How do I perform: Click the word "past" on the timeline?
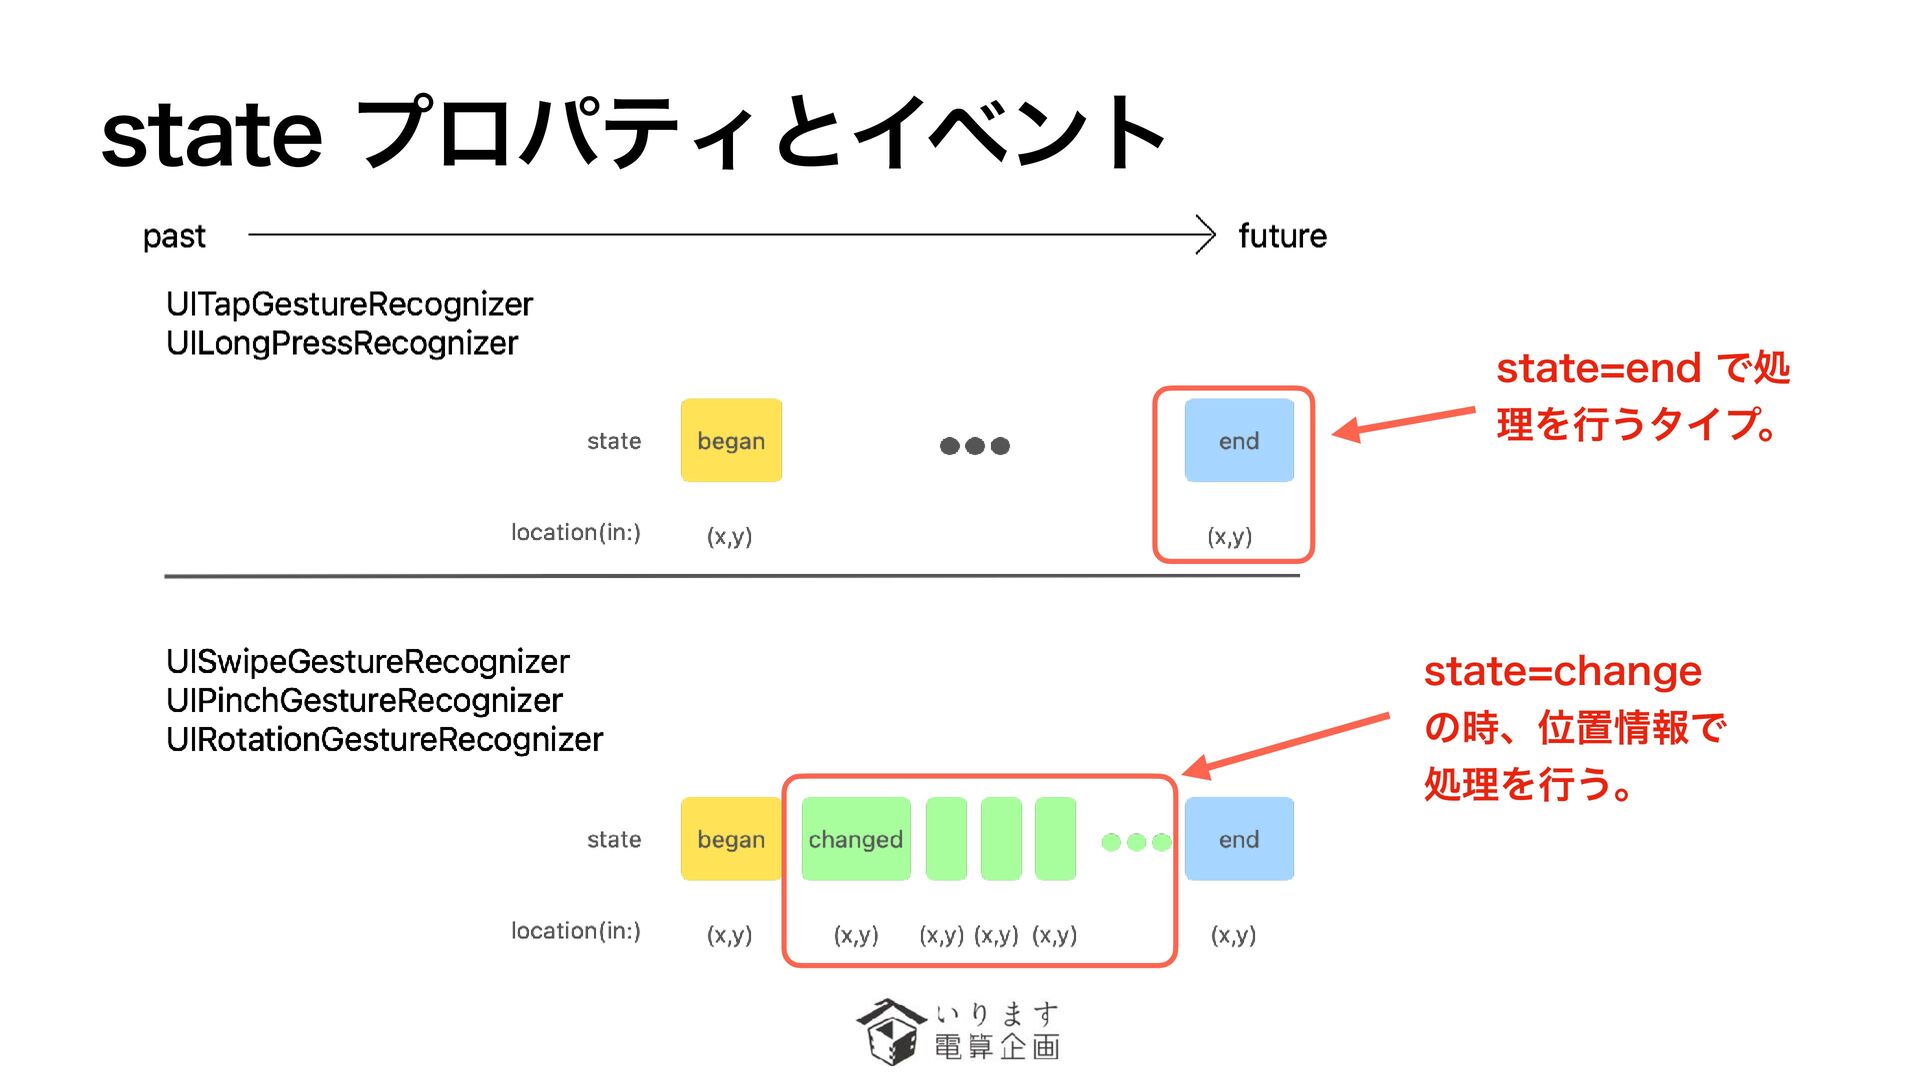(174, 237)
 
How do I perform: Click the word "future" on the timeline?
(1282, 237)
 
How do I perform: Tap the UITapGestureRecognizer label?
(349, 304)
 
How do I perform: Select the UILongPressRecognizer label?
(342, 343)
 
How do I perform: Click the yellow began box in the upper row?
(731, 441)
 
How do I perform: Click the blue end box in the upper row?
(1239, 441)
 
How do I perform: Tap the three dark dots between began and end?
(975, 446)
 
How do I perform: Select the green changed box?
(856, 839)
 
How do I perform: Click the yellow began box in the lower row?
(731, 839)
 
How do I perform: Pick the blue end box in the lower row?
(1239, 839)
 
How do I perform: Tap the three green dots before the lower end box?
(1136, 842)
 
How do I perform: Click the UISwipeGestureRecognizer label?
(367, 662)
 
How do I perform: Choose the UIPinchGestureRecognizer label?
(364, 701)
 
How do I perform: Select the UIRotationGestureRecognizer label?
(384, 740)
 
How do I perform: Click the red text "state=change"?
(1562, 672)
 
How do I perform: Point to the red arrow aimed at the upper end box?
(1404, 421)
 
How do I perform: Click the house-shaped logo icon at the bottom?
(889, 1031)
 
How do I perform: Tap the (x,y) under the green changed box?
(856, 935)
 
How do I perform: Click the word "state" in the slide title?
(212, 136)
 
